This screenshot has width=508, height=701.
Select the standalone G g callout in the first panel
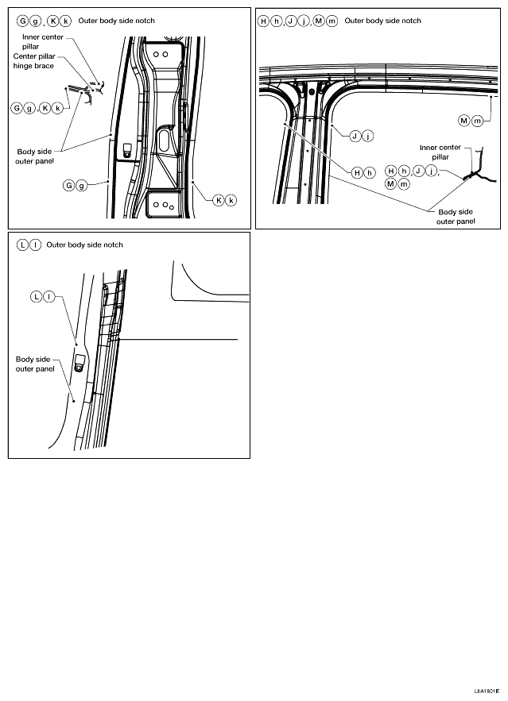pyautogui.click(x=75, y=186)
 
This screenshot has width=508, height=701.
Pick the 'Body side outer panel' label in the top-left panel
pyautogui.click(x=36, y=156)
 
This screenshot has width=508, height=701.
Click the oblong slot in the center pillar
pyautogui.click(x=164, y=141)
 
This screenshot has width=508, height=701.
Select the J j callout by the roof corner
pyautogui.click(x=362, y=137)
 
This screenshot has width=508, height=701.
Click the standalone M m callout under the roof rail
pyautogui.click(x=471, y=121)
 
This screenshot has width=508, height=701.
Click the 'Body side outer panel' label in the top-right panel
pyautogui.click(x=456, y=217)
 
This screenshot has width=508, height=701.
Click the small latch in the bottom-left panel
pyautogui.click(x=79, y=363)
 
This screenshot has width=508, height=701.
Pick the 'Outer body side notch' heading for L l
pyautogui.click(x=85, y=245)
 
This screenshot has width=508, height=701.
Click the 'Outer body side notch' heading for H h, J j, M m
pyautogui.click(x=382, y=20)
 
